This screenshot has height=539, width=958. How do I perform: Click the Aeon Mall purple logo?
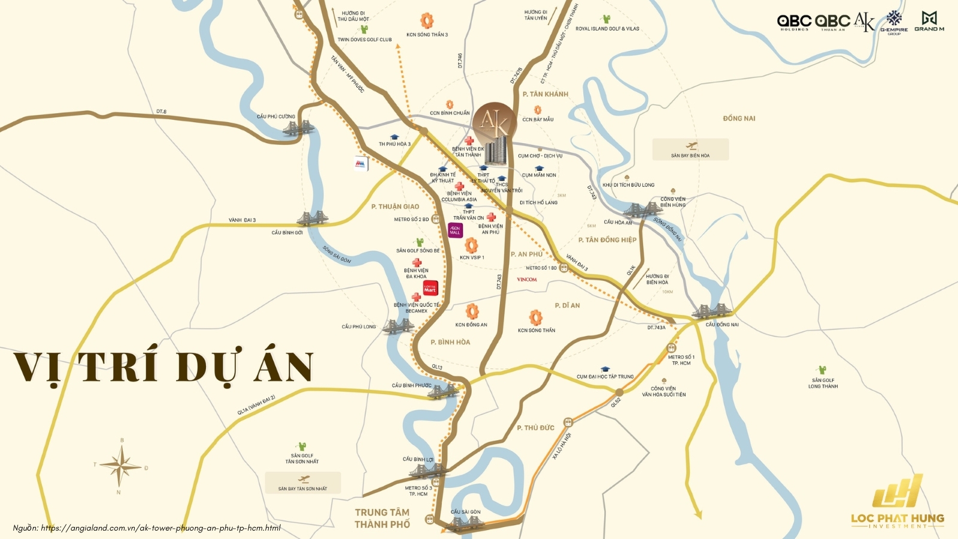coord(456,230)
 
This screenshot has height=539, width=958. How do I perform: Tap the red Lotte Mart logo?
coord(431,288)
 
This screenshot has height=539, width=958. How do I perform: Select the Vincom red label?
coord(527,280)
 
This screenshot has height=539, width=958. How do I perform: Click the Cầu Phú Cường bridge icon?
coord(298,128)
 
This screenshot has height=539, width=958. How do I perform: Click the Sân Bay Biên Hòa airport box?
coord(690,149)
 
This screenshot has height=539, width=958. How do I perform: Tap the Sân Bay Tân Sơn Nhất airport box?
coord(303,483)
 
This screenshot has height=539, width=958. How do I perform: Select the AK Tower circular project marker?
coord(495,123)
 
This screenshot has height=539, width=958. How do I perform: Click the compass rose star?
coord(121,466)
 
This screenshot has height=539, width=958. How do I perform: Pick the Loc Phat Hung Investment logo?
coord(897,503)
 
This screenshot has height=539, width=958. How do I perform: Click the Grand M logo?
coord(929,21)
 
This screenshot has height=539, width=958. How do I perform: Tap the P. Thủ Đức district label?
coord(536,428)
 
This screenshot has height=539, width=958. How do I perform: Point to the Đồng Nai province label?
coord(739,119)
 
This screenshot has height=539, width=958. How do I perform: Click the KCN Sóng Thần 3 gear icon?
coord(427,21)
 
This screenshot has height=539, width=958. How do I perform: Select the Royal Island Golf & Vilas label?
coord(607,29)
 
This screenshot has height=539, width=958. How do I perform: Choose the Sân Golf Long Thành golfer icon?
coord(822,370)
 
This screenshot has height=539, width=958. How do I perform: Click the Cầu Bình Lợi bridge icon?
coord(426,471)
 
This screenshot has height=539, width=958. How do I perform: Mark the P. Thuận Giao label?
coord(395,207)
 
